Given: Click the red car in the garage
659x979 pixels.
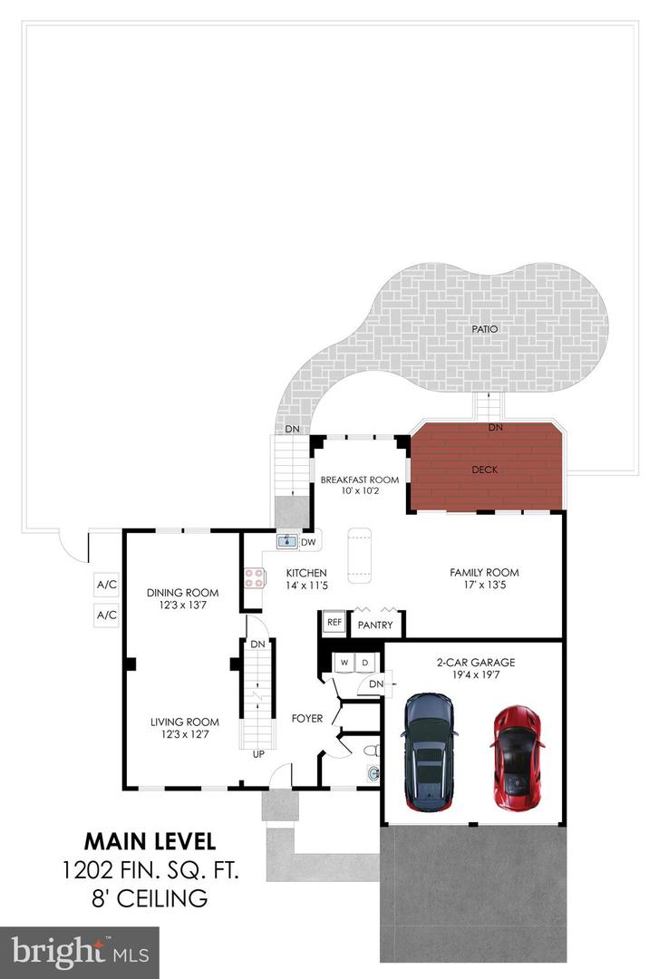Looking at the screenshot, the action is (x=517, y=757).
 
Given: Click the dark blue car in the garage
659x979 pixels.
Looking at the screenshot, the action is (x=429, y=751).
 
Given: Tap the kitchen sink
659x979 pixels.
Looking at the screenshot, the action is (x=288, y=540).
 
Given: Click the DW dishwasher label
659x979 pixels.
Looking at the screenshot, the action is (x=308, y=542).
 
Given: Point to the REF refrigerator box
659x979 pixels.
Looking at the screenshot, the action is (x=334, y=623).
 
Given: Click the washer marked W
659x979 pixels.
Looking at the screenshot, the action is (x=344, y=663).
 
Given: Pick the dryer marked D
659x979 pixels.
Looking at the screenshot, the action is (x=365, y=663).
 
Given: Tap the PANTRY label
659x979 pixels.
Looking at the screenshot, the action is (x=375, y=625).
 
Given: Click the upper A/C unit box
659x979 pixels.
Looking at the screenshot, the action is (x=106, y=585).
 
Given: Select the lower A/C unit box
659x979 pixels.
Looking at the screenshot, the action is (x=106, y=615).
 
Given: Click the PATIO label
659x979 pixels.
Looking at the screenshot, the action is (x=485, y=329).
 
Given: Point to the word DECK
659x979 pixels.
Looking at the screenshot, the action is (x=485, y=470).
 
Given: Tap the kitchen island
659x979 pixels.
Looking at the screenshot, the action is (x=359, y=555).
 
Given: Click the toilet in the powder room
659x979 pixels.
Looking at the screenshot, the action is (x=372, y=750).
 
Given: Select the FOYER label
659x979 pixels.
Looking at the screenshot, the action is (x=307, y=719).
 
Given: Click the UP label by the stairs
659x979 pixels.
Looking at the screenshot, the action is (x=258, y=754).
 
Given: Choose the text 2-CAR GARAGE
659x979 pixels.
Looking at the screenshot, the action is (x=476, y=663).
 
